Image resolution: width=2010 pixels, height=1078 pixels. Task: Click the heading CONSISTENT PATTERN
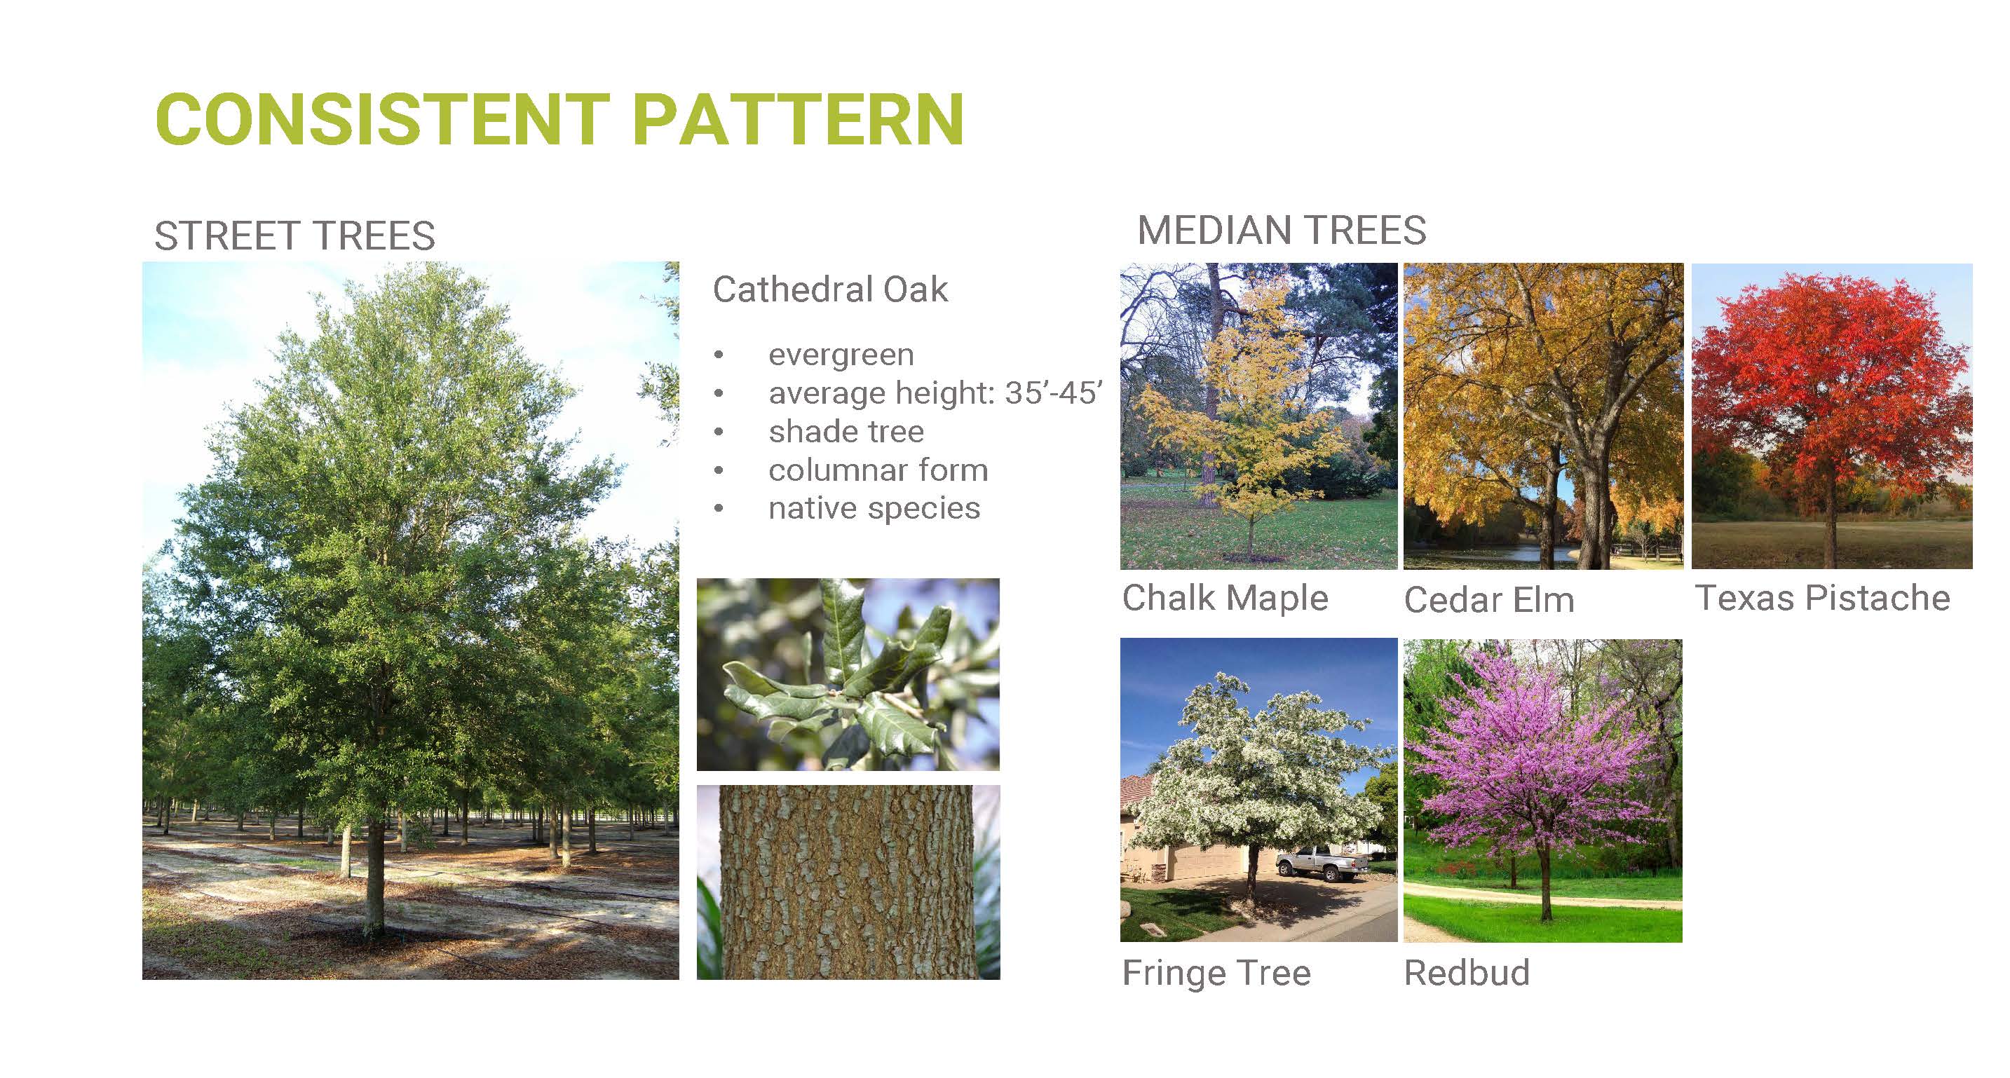coord(559,119)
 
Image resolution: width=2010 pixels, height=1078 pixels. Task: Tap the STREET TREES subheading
coord(294,236)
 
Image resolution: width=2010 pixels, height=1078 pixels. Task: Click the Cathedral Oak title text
coord(830,289)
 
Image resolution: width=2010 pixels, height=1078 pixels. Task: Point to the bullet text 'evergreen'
coord(841,355)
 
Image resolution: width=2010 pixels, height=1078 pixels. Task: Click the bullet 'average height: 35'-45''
coord(935,393)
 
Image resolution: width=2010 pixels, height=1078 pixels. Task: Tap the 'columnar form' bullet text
coord(878,470)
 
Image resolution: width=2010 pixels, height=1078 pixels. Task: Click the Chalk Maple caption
coord(1225,599)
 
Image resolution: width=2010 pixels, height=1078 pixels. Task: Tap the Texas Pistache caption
coord(1823,599)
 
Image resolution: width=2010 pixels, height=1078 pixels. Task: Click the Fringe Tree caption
coord(1216,973)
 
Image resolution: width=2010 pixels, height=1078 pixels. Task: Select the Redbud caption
coord(1467,973)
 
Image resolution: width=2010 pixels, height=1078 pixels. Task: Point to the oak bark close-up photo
coord(848,882)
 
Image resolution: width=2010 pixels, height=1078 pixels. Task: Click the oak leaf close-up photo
coord(848,674)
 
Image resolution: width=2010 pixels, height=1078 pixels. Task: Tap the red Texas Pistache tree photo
coord(1832,416)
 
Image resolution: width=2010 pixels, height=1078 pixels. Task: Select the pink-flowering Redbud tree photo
coord(1542,790)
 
